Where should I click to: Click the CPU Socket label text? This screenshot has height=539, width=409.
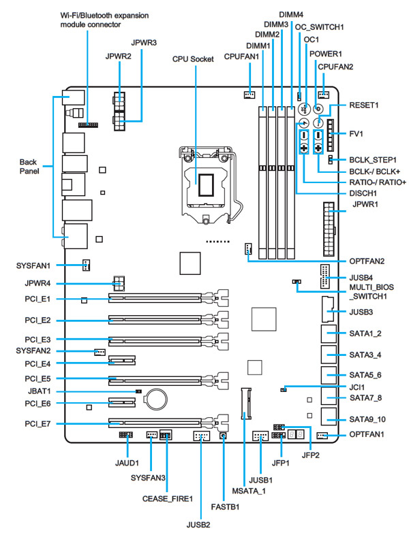193,59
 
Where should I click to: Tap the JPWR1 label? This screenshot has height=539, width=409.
365,204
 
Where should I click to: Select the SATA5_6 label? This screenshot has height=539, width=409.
365,375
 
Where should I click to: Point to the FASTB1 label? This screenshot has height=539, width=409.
225,507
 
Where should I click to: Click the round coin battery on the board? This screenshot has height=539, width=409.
157,399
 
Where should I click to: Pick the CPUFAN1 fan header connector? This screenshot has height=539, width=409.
249,95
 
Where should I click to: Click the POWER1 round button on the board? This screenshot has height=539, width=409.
318,110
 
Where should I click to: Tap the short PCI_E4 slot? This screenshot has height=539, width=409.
122,361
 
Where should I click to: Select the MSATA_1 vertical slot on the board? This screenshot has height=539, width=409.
246,403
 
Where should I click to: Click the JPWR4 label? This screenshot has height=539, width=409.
37,283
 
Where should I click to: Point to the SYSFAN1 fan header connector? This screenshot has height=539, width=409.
87,265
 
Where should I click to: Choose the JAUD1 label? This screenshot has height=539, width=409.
127,463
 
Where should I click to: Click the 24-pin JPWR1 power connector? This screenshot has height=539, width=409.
329,229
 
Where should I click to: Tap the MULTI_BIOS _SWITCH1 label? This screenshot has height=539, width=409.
372,291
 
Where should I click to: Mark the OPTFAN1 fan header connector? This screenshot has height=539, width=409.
322,436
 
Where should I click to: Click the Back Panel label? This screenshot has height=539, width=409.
29,166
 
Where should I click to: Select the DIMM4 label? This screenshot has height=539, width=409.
291,15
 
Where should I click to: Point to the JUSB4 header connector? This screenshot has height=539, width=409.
324,276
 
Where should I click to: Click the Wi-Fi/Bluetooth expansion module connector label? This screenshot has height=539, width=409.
104,20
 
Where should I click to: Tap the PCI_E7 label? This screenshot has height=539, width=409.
37,424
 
